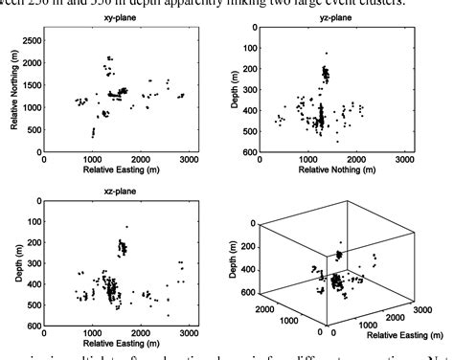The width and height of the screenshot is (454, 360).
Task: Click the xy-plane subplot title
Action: tap(125, 18)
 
